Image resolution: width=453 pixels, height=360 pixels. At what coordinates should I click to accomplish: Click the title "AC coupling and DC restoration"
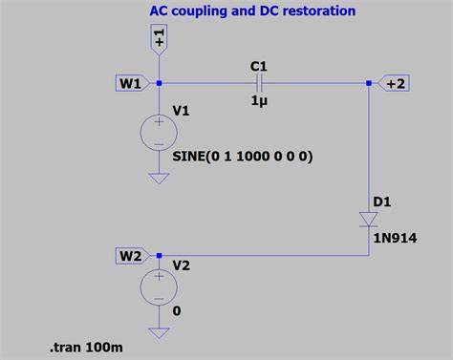coord(252,11)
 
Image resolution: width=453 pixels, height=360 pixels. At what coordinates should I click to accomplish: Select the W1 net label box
coord(131,83)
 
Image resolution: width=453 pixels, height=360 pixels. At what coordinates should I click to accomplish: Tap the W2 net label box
coord(131,255)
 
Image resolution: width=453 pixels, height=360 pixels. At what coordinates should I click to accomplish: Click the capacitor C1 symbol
coord(258,83)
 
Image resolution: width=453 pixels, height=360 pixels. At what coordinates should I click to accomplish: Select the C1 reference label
coord(258,65)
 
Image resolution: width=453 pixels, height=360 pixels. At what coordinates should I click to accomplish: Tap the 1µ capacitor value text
coord(258,101)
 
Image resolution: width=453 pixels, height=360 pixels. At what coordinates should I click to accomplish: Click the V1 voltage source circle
coord(158,131)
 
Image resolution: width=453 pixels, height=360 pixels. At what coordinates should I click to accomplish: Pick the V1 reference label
coord(181,112)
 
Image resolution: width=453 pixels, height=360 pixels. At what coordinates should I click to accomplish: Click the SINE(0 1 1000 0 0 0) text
coord(243,155)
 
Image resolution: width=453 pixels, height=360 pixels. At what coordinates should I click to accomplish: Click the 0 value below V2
coord(177,311)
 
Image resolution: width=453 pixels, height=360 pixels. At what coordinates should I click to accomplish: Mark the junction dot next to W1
coord(159,83)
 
